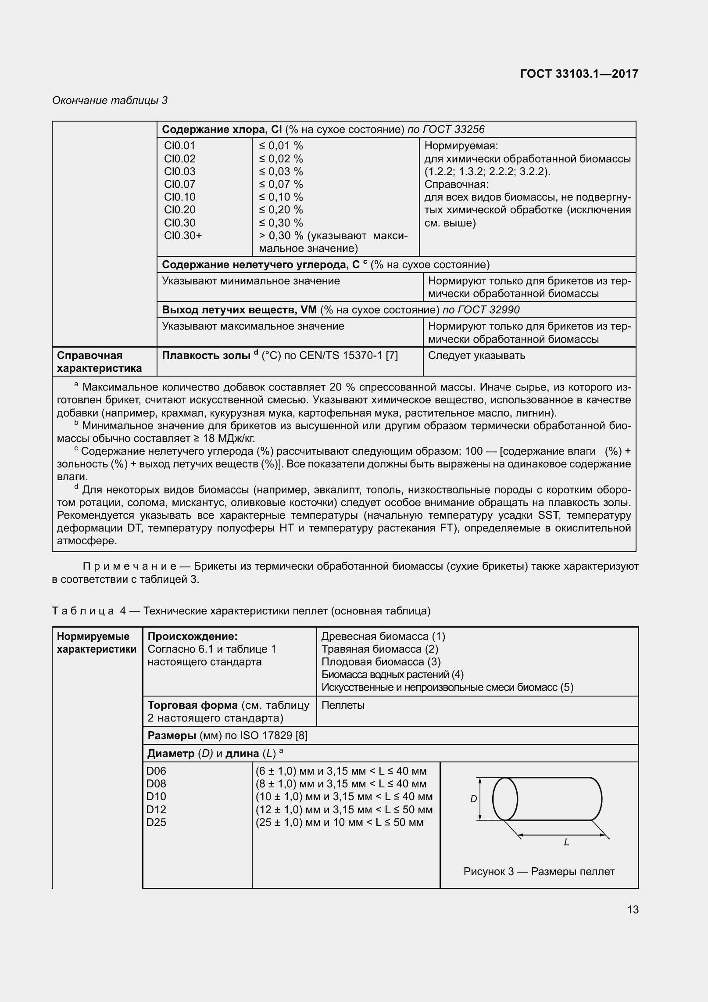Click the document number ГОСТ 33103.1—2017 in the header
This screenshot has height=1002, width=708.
click(579, 74)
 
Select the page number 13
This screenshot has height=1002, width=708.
click(633, 909)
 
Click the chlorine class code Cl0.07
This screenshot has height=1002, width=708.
click(179, 184)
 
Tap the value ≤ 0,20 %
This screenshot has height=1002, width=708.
click(281, 210)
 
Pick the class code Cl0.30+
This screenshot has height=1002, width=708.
click(183, 236)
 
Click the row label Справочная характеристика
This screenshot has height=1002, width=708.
click(99, 362)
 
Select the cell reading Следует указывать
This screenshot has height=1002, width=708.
click(476, 356)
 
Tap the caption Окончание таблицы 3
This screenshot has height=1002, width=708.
click(110, 101)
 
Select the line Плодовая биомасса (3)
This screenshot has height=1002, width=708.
click(381, 661)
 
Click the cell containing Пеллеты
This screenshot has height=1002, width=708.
click(343, 705)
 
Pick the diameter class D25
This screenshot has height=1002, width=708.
click(156, 822)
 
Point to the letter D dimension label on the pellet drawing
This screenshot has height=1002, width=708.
click(473, 799)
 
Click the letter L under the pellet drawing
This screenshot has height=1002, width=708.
click(566, 842)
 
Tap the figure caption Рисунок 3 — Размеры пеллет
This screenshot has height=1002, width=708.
click(539, 872)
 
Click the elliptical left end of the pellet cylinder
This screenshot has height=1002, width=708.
click(505, 799)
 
